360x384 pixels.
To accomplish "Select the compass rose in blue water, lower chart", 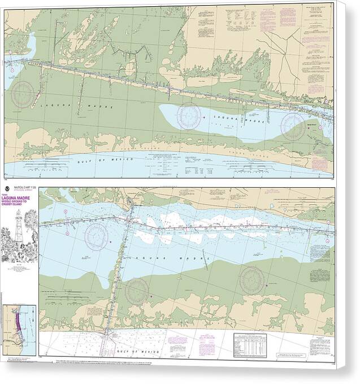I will coord(97,236).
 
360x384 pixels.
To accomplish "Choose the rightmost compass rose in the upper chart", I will coord(293,123).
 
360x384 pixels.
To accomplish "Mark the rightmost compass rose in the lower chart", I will coord(251,279).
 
